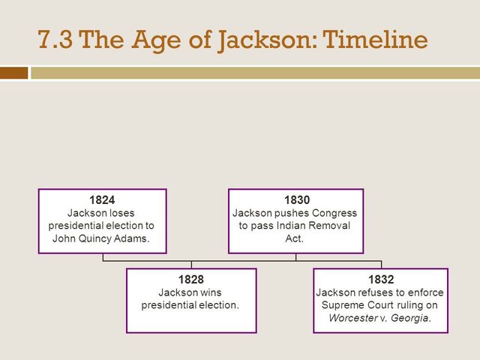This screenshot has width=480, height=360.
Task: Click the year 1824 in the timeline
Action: pos(102,199)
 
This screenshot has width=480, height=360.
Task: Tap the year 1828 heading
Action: pos(190,279)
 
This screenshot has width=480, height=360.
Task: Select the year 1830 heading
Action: pos(296,199)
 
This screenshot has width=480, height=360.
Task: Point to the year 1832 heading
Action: pos(381,279)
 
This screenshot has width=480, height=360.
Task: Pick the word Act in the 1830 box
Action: pos(295,238)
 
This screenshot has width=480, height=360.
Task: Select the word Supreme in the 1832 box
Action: pos(343,304)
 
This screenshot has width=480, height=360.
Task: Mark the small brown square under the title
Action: pos(14,73)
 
